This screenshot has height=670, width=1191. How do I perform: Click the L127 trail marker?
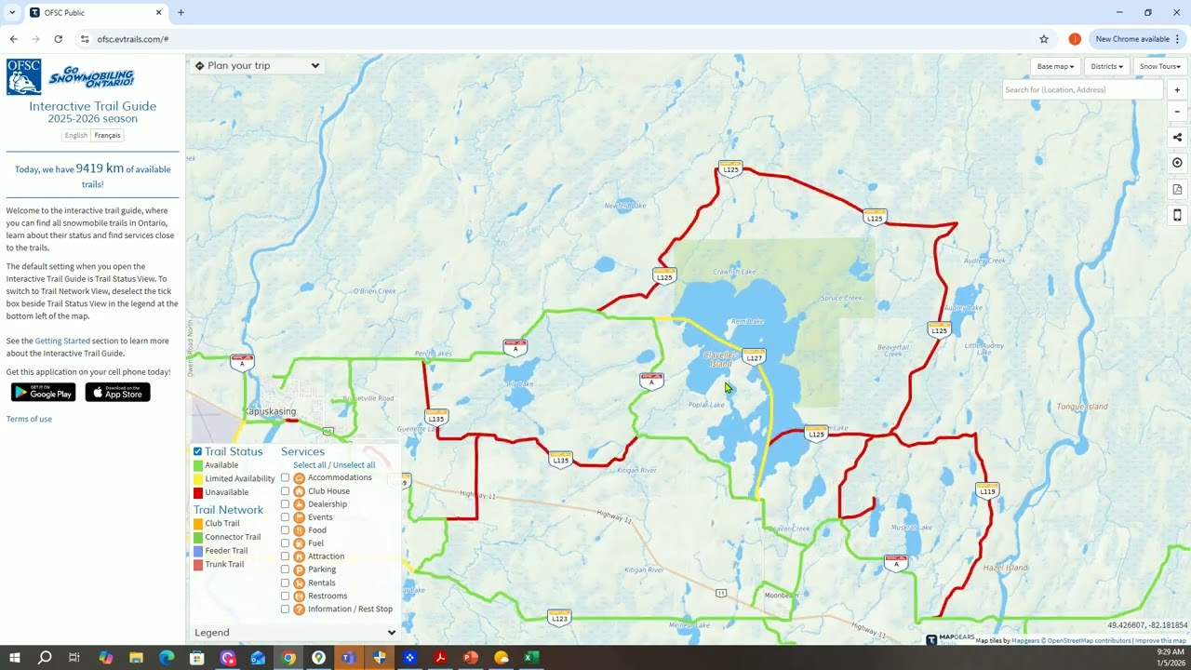click(x=754, y=357)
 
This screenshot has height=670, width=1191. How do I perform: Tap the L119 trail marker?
click(x=987, y=489)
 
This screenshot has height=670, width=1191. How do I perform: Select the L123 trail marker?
click(x=559, y=617)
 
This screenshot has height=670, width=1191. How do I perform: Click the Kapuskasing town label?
click(x=270, y=411)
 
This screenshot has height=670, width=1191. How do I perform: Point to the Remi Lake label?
click(x=747, y=322)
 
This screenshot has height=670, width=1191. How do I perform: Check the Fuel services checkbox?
click(x=286, y=543)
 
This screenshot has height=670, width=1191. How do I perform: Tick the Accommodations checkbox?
click(x=286, y=478)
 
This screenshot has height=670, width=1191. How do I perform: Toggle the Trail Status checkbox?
click(x=197, y=451)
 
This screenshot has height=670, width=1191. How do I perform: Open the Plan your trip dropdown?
click(x=257, y=65)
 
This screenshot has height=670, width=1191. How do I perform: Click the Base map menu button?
click(x=1055, y=66)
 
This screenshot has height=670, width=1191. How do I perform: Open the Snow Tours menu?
click(x=1159, y=66)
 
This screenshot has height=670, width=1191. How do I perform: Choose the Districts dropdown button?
click(x=1106, y=66)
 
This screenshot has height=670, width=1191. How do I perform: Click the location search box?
click(x=1081, y=90)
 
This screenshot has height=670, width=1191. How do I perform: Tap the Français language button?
click(x=107, y=135)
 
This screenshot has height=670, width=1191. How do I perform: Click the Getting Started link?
click(x=62, y=342)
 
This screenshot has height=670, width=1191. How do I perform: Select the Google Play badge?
click(x=43, y=393)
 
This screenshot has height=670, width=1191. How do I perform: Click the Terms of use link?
click(x=29, y=419)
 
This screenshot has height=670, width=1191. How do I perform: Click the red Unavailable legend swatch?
click(x=198, y=492)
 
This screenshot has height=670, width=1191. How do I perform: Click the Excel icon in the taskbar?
click(x=530, y=658)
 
